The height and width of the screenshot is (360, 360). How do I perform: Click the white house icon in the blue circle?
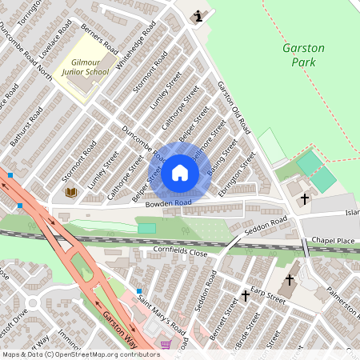coord(180,173)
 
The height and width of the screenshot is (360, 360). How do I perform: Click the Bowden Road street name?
coord(168,204)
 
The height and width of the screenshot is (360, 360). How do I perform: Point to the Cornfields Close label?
coord(180,252)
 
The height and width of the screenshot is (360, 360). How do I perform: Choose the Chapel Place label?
coord(333,240)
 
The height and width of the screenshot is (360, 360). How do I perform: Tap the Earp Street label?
coord(268,294)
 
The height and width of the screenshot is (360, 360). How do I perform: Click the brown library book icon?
coord(70,192)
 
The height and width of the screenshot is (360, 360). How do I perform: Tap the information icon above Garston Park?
coord(198,15)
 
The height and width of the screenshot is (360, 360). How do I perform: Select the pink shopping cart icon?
coord(166,344)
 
